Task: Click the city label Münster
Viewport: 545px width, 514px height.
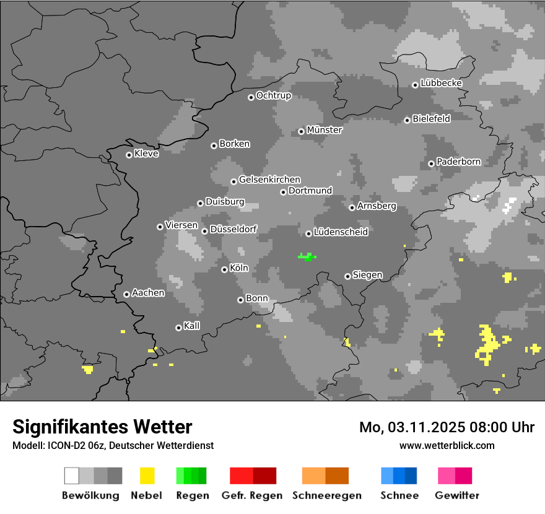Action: point(324,130)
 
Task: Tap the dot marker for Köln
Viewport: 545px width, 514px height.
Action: point(224,269)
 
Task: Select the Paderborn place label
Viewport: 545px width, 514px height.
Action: point(458,162)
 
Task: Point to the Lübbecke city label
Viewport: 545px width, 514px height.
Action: point(441,83)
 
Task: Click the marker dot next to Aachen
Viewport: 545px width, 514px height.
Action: point(126,294)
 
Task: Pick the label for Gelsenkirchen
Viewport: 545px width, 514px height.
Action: point(269,180)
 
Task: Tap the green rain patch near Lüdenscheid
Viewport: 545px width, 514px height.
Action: point(307,256)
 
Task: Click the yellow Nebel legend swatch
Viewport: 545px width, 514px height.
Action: point(147,476)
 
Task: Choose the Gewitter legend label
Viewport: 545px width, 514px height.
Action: point(456,495)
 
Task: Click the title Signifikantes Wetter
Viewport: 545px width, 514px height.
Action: point(102,427)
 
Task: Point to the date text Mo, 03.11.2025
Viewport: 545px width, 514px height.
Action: point(415,427)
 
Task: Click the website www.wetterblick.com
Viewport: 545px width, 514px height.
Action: point(447,445)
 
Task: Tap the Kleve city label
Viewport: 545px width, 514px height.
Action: point(146,154)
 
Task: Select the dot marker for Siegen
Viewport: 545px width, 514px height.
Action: point(347,276)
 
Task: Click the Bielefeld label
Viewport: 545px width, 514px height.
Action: point(431,118)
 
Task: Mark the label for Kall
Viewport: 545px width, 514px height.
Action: point(191,326)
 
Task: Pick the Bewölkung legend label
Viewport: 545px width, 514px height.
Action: point(90,495)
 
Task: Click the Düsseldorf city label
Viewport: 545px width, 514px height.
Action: point(233,229)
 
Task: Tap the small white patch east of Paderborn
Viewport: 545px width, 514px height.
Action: point(509,205)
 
